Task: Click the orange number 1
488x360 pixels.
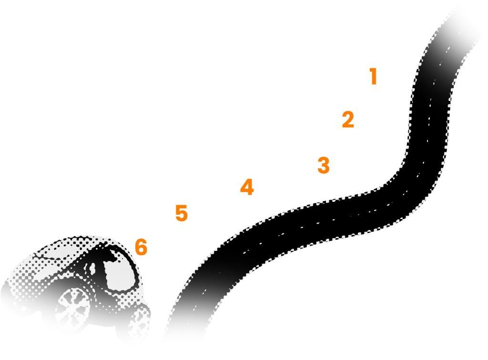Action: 374,76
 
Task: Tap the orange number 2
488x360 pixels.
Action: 348,120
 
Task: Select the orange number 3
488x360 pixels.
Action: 324,165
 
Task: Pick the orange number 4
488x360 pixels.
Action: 246,187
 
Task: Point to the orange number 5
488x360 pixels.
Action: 182,213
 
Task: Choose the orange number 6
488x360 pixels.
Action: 141,247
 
